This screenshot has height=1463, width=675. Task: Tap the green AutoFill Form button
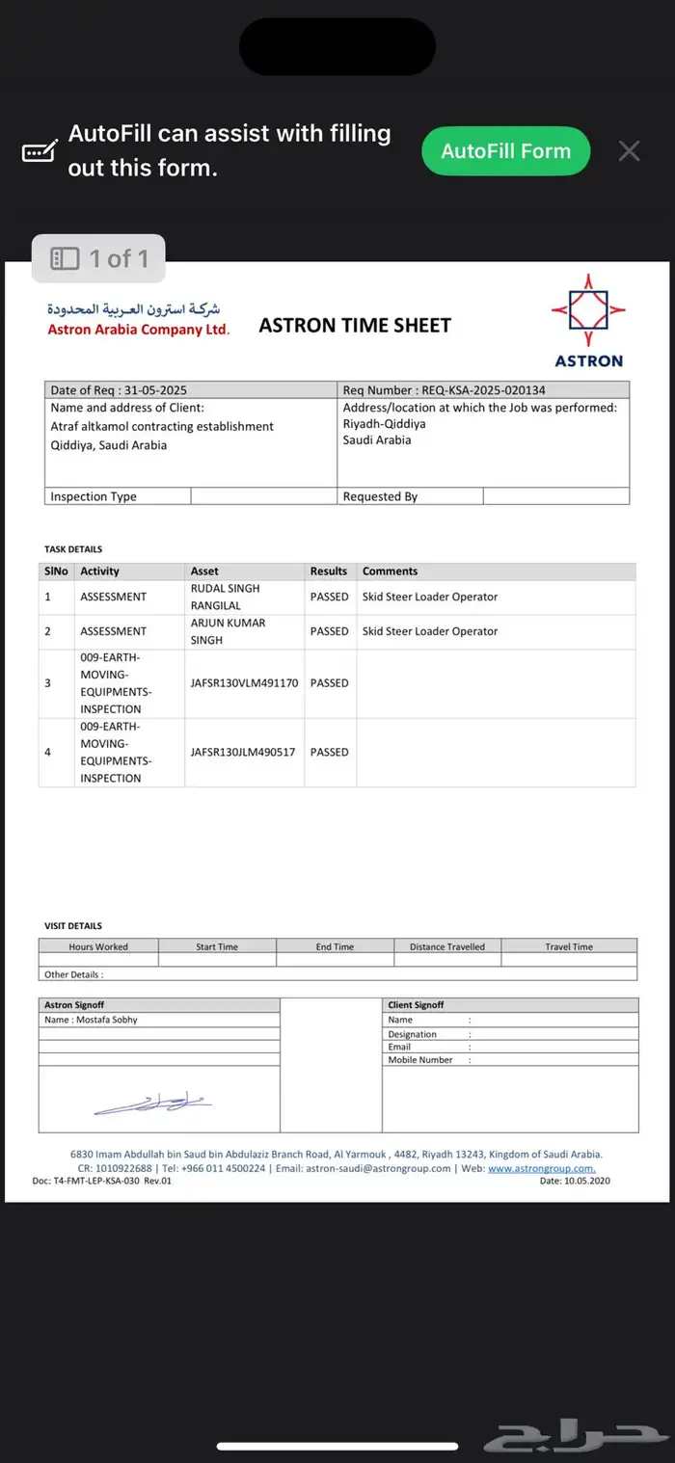(x=505, y=151)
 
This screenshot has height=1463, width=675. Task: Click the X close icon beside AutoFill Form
(x=629, y=151)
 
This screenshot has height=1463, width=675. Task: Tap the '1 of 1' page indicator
(x=99, y=258)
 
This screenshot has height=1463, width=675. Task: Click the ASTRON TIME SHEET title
(x=355, y=326)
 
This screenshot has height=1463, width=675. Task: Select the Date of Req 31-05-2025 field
(x=119, y=390)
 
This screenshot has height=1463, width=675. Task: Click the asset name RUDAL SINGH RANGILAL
(x=225, y=597)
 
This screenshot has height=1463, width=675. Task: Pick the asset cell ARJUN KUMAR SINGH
(x=228, y=631)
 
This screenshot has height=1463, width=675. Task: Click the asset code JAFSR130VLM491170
(x=244, y=683)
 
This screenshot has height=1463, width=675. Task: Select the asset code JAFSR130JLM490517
(x=243, y=752)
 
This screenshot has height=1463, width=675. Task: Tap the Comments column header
(x=390, y=572)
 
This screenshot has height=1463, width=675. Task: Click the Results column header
(x=329, y=572)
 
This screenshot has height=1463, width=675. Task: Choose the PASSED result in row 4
(x=329, y=752)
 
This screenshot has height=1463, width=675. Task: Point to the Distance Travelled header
(x=447, y=946)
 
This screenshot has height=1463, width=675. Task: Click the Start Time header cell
(x=217, y=946)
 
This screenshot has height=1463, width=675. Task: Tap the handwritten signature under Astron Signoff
(x=154, y=1103)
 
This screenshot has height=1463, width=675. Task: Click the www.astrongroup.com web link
(x=541, y=1168)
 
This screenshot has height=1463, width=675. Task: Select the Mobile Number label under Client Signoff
(x=420, y=1060)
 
